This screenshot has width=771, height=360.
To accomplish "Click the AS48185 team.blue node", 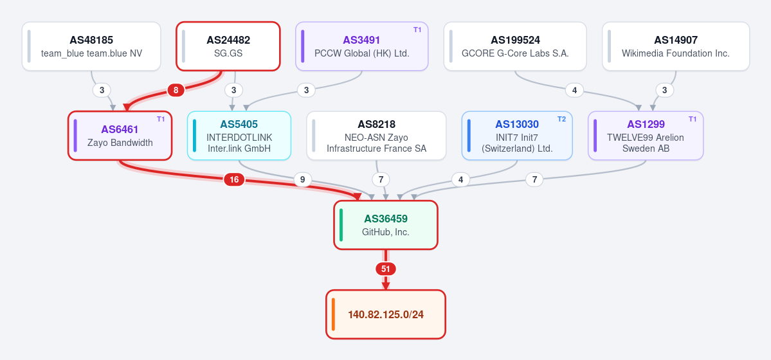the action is (91, 46).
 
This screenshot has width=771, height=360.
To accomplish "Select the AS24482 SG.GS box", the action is (228, 46).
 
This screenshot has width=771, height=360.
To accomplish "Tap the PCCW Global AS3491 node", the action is (362, 46).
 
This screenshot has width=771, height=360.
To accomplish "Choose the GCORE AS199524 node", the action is (515, 46).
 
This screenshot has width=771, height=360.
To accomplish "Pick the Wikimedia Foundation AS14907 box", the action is (676, 46).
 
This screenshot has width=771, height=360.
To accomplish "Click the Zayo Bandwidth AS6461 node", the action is (120, 136).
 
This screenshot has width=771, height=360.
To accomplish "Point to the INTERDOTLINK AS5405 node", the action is (239, 136).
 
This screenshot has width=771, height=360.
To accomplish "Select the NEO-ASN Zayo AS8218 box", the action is (376, 136).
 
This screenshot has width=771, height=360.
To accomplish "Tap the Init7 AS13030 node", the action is (517, 136).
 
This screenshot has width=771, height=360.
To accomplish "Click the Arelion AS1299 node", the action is (646, 136).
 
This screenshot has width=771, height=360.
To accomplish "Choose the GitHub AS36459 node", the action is (386, 225).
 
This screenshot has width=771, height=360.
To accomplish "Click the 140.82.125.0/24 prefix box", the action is (386, 314).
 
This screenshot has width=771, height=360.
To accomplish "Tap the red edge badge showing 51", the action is (386, 269).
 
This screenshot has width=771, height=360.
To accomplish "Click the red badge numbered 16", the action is (234, 179).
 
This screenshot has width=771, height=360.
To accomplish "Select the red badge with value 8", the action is (176, 90).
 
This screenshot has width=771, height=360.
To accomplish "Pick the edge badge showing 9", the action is (302, 179).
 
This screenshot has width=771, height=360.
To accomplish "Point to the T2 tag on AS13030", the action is (561, 119).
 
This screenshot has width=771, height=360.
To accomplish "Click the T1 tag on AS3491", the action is (417, 30).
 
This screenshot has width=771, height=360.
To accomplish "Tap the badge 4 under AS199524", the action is (574, 90).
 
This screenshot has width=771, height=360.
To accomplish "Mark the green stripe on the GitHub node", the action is (341, 225).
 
